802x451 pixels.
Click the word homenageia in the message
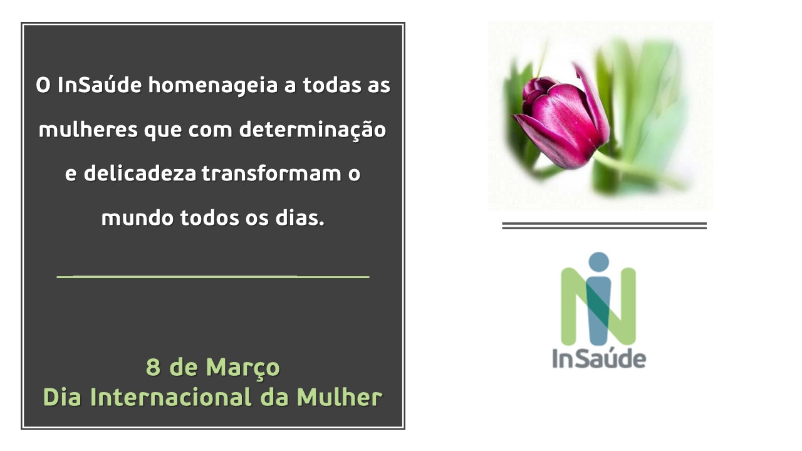[213, 86]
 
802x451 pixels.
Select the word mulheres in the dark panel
[88, 129]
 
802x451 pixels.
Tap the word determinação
[313, 130]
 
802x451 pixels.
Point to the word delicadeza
[140, 173]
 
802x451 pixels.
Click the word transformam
[271, 173]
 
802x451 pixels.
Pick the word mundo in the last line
[137, 217]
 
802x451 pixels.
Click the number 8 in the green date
[153, 367]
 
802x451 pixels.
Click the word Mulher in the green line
[340, 397]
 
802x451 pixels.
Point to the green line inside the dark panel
[213, 277]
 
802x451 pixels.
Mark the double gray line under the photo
[605, 225]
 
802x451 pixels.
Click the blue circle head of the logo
[598, 262]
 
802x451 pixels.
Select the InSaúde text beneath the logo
[599, 358]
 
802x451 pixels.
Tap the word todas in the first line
[332, 85]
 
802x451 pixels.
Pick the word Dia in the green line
[62, 397]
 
